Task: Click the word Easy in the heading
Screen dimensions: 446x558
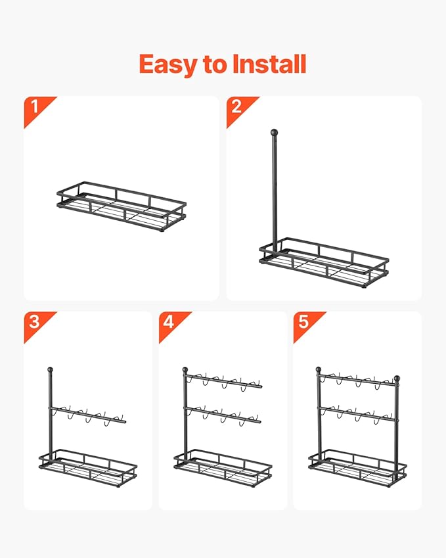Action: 168,65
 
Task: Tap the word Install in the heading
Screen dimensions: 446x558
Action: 269,64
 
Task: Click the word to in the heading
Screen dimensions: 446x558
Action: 215,65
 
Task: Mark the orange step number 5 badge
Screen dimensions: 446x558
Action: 307,325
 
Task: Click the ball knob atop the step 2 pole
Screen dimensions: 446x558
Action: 274,133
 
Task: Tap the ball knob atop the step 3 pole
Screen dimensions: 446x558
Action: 50,370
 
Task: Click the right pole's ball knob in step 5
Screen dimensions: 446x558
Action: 397,378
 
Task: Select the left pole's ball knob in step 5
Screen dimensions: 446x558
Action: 319,370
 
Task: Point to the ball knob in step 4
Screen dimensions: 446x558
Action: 185,370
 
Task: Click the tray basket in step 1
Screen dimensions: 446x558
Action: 122,207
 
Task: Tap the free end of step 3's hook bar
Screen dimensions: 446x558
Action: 125,422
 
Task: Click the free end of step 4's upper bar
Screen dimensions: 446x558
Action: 261,386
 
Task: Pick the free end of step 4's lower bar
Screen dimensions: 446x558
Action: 259,422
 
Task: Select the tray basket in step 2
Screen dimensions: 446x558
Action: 324,263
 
